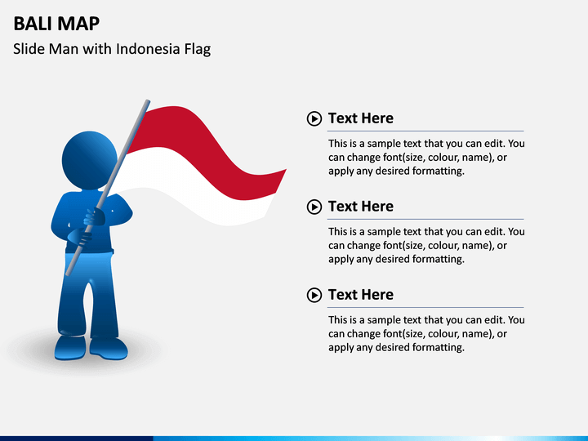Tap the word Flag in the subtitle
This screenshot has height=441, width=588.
(195, 49)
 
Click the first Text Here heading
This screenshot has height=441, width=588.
(360, 118)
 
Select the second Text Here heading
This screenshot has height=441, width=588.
(360, 207)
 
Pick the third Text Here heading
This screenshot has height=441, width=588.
(360, 295)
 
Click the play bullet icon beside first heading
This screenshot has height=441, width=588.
(314, 119)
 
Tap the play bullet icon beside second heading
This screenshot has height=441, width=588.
(314, 207)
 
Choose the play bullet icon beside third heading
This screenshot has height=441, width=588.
(314, 296)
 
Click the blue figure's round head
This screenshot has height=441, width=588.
(89, 159)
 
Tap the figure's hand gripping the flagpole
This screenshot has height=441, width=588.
(95, 217)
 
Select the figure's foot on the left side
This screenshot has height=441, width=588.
(69, 350)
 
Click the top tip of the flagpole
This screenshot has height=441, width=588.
(148, 102)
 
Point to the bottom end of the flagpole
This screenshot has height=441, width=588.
(68, 272)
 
